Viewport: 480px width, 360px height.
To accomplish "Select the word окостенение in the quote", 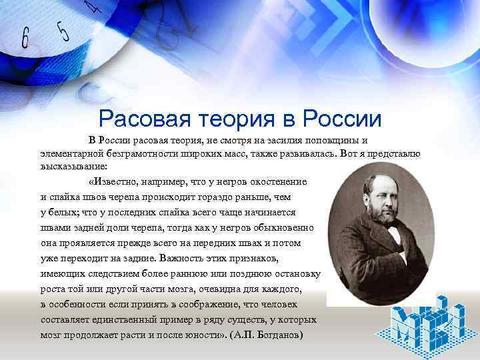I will pyautogui.click(x=275, y=181).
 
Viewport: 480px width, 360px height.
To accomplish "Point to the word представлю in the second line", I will pyautogui.click(x=394, y=153).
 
